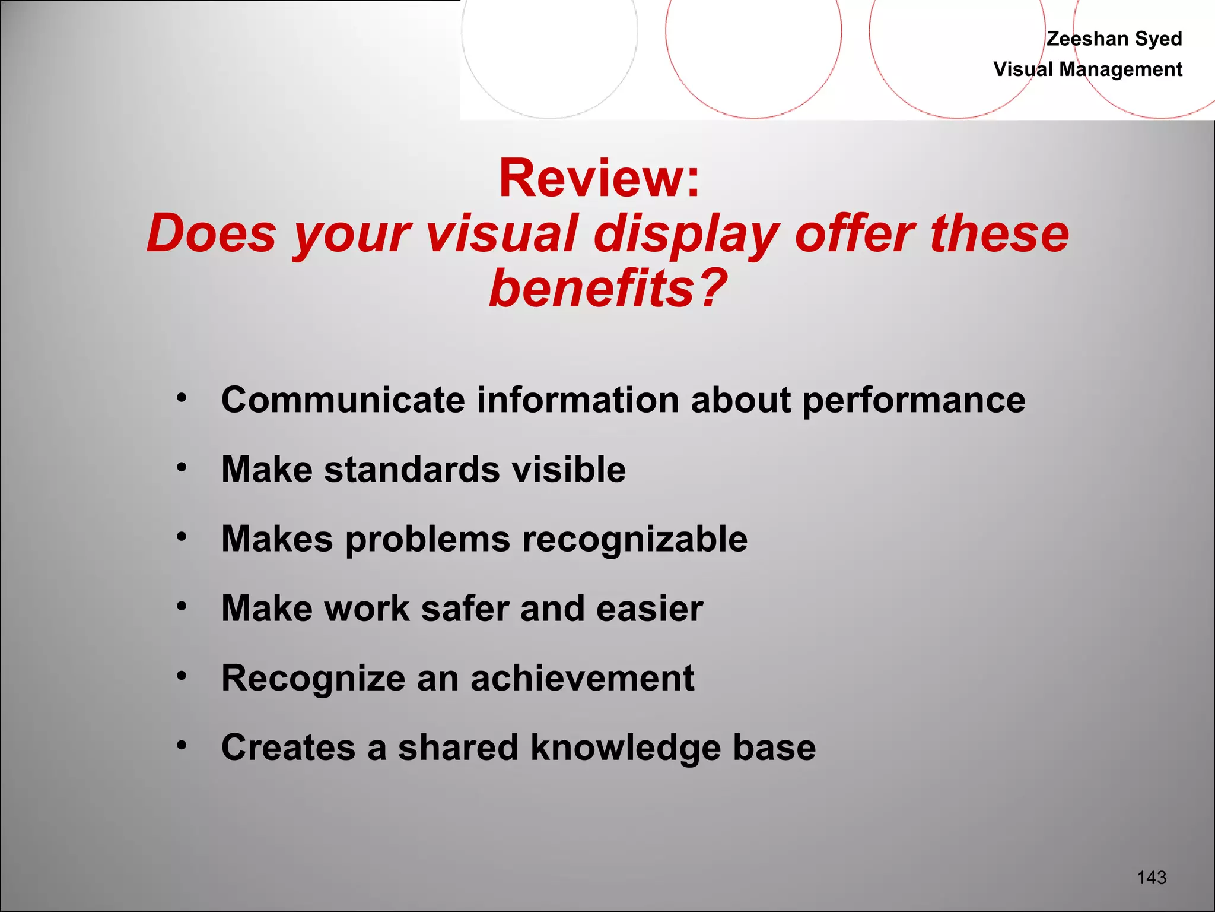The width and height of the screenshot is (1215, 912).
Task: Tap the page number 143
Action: coord(1152,878)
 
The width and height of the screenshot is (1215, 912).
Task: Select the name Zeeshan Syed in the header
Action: coord(1114,39)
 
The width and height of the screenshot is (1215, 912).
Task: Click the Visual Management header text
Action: coord(1087,69)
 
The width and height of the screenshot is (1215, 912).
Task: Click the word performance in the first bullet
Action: coord(914,401)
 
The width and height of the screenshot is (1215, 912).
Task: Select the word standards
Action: coord(412,470)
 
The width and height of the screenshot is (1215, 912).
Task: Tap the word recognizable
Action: coord(635,539)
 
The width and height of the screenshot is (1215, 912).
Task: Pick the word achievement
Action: coord(582,678)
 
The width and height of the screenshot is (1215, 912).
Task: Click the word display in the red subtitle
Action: coord(686,234)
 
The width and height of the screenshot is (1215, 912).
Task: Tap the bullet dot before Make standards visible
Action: coord(182,468)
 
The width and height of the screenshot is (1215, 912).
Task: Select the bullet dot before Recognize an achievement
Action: coord(182,676)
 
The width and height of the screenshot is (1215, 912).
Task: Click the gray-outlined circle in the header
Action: coord(549,36)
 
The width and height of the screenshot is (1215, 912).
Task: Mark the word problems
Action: coord(427,540)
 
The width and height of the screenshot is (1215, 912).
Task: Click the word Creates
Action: coord(288,748)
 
